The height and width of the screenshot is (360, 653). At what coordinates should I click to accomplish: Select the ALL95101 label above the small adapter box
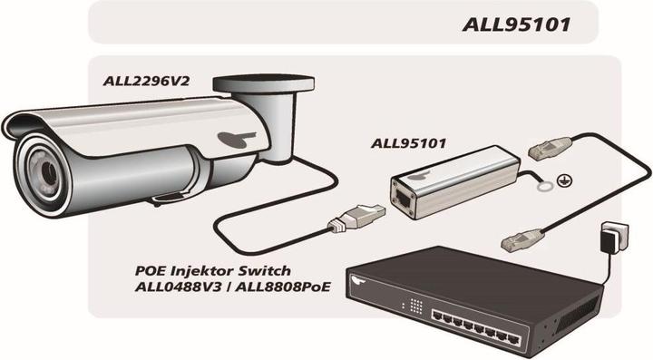click(x=413, y=143)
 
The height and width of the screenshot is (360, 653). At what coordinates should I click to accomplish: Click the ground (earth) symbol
click(x=567, y=181)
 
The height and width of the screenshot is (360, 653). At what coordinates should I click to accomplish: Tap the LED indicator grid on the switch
click(x=417, y=306)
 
